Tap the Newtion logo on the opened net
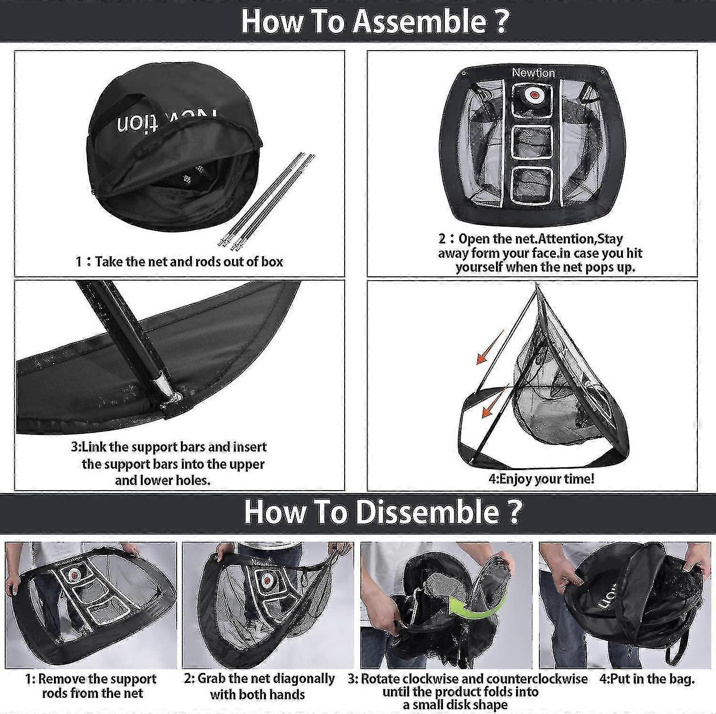click(x=533, y=73)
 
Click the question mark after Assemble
click(x=500, y=21)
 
